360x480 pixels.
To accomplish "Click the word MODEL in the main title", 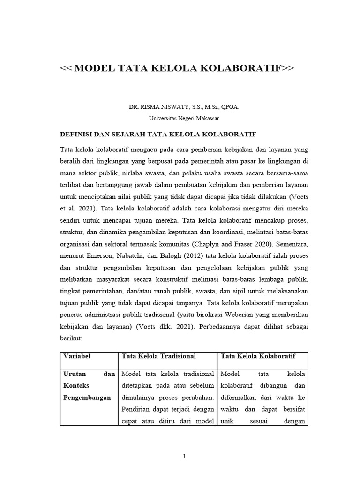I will tap(95, 68).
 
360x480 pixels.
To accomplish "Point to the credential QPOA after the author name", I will tap(230, 107).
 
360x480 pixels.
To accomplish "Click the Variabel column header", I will tap(77, 356).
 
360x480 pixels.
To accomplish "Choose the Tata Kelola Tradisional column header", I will tap(158, 356).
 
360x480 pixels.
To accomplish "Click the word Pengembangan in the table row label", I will tap(87, 397).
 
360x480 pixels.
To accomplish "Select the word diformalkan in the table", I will tap(239, 397).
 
